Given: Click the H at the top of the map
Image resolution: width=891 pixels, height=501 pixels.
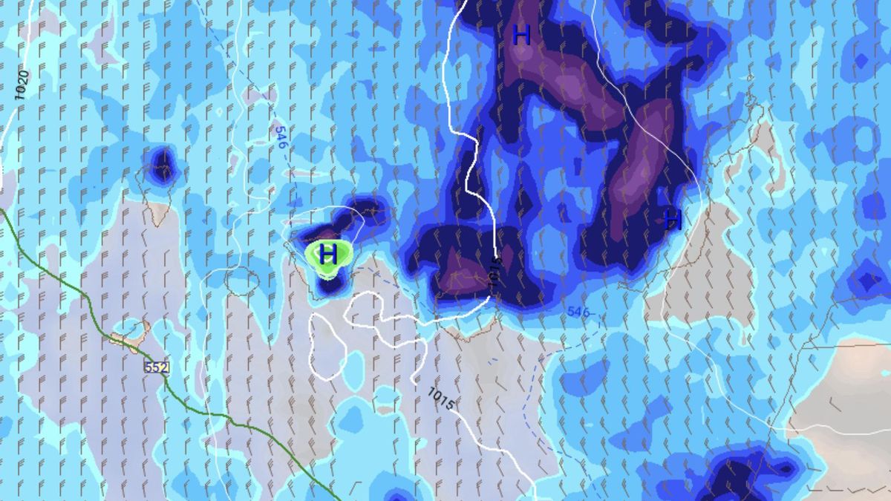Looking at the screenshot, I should click(522, 35).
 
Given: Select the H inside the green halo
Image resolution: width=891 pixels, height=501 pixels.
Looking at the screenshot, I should click(327, 255).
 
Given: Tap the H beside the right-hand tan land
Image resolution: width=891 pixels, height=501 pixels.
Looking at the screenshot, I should click(673, 219).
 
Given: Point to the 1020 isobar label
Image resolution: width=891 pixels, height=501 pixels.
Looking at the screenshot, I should click(22, 85).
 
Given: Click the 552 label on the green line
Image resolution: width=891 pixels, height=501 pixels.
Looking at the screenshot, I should click(157, 367).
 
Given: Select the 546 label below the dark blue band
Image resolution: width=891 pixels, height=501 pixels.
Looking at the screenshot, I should click(578, 312).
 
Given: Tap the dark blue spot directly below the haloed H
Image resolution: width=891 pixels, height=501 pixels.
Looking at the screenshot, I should click(330, 284).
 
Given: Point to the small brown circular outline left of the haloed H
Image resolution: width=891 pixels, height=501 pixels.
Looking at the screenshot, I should click(246, 280).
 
